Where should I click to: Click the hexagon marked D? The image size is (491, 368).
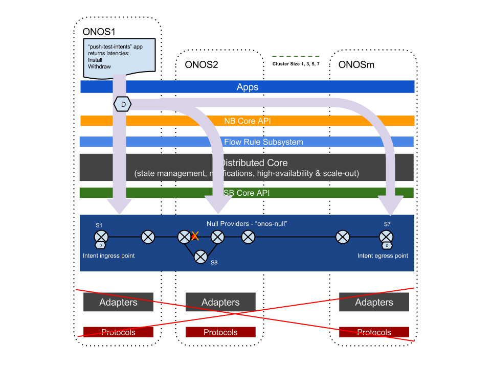(x=123, y=104)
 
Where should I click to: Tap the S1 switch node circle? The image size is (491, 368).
(x=101, y=237)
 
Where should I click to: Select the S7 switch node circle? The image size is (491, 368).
(x=386, y=237)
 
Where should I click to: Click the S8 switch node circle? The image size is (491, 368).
(x=200, y=257)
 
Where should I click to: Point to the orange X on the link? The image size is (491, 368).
(x=195, y=236)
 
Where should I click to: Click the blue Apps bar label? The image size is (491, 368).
(x=248, y=87)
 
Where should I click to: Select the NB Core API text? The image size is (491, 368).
(x=248, y=121)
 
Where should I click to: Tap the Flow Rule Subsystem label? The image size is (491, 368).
(x=263, y=142)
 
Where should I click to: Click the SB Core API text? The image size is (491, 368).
(x=246, y=193)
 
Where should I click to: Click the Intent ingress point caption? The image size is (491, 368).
(x=109, y=256)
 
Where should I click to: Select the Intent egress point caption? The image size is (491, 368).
(x=383, y=256)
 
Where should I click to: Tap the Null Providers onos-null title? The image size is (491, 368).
(x=247, y=224)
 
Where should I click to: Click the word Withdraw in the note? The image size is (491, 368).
(x=99, y=66)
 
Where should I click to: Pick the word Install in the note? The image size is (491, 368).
(x=95, y=60)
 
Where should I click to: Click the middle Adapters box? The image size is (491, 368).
(x=220, y=302)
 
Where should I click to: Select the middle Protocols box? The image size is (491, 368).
(x=220, y=332)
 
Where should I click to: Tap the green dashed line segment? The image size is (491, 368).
(x=296, y=56)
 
